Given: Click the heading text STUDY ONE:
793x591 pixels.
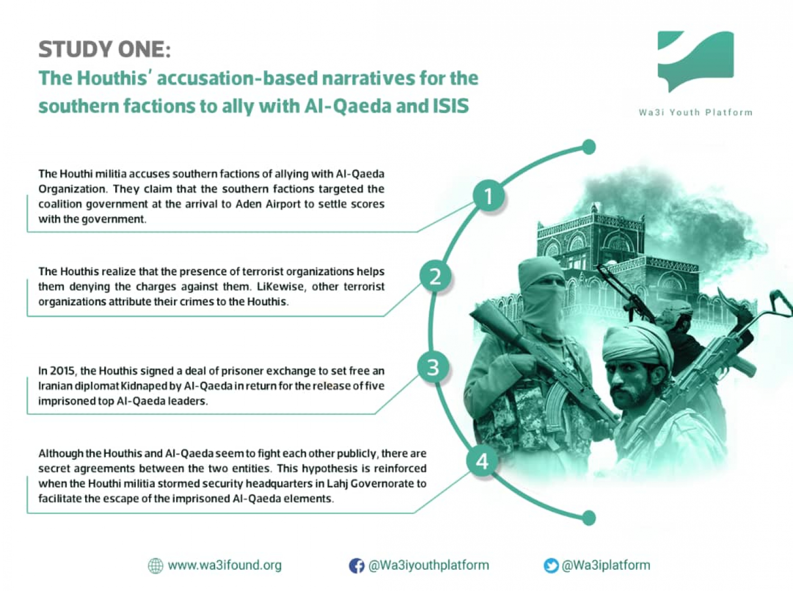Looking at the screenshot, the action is [104, 49].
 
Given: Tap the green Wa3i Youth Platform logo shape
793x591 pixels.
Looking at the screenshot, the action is [695, 61].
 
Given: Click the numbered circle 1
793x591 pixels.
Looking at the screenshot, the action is [488, 197].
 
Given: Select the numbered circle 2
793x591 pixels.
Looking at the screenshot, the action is [435, 277].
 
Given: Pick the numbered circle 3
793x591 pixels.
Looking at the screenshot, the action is [433, 368].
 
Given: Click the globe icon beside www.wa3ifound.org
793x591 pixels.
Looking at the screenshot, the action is [156, 566].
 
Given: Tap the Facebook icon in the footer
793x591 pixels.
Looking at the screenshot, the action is [356, 566].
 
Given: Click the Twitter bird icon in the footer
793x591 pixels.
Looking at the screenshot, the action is [551, 566].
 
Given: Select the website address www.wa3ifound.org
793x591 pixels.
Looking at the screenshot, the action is [225, 565].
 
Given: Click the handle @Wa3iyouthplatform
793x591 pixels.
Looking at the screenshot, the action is [428, 565].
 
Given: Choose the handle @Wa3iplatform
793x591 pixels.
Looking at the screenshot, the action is [606, 565].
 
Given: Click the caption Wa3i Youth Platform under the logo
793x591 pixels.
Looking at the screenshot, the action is [696, 113].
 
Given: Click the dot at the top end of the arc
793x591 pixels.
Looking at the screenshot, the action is [589, 147].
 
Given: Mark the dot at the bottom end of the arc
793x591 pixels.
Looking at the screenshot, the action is [589, 518].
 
